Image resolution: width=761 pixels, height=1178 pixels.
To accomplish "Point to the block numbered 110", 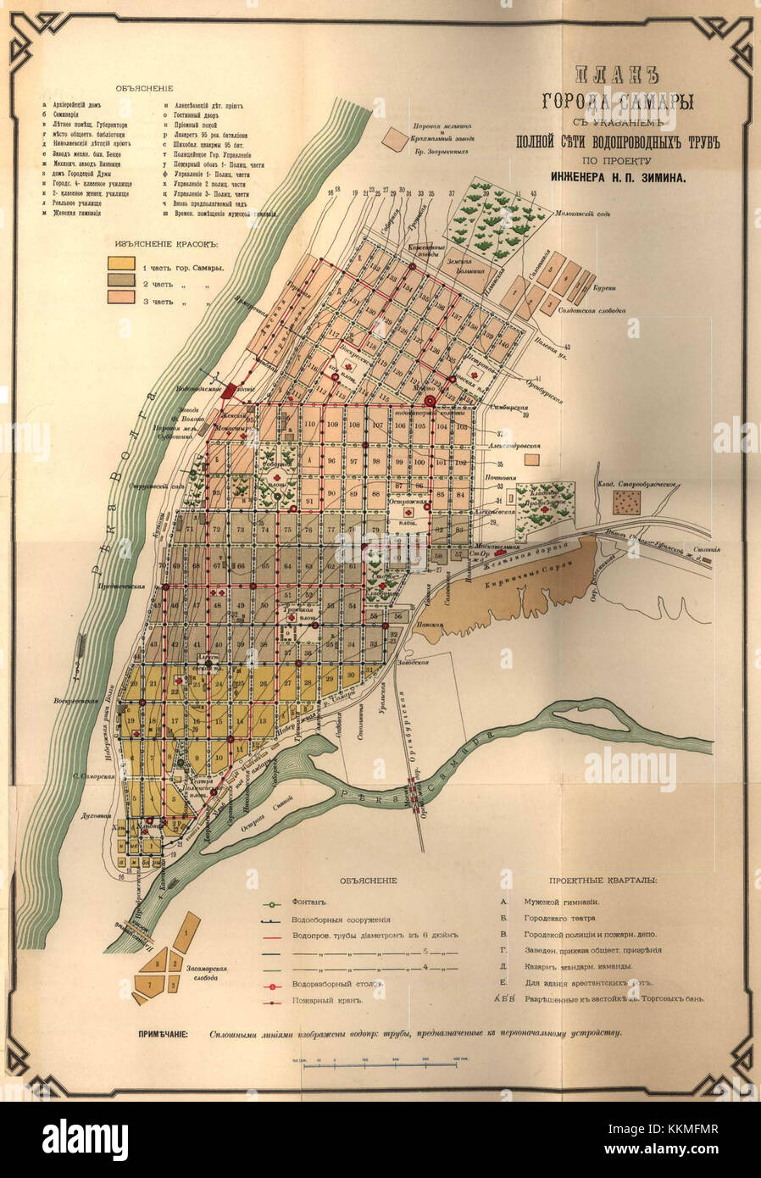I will click(x=309, y=424).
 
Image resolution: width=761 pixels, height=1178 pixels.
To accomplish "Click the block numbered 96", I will click(x=331, y=461).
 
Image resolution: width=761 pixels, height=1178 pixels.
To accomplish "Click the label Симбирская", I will click(x=514, y=407).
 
